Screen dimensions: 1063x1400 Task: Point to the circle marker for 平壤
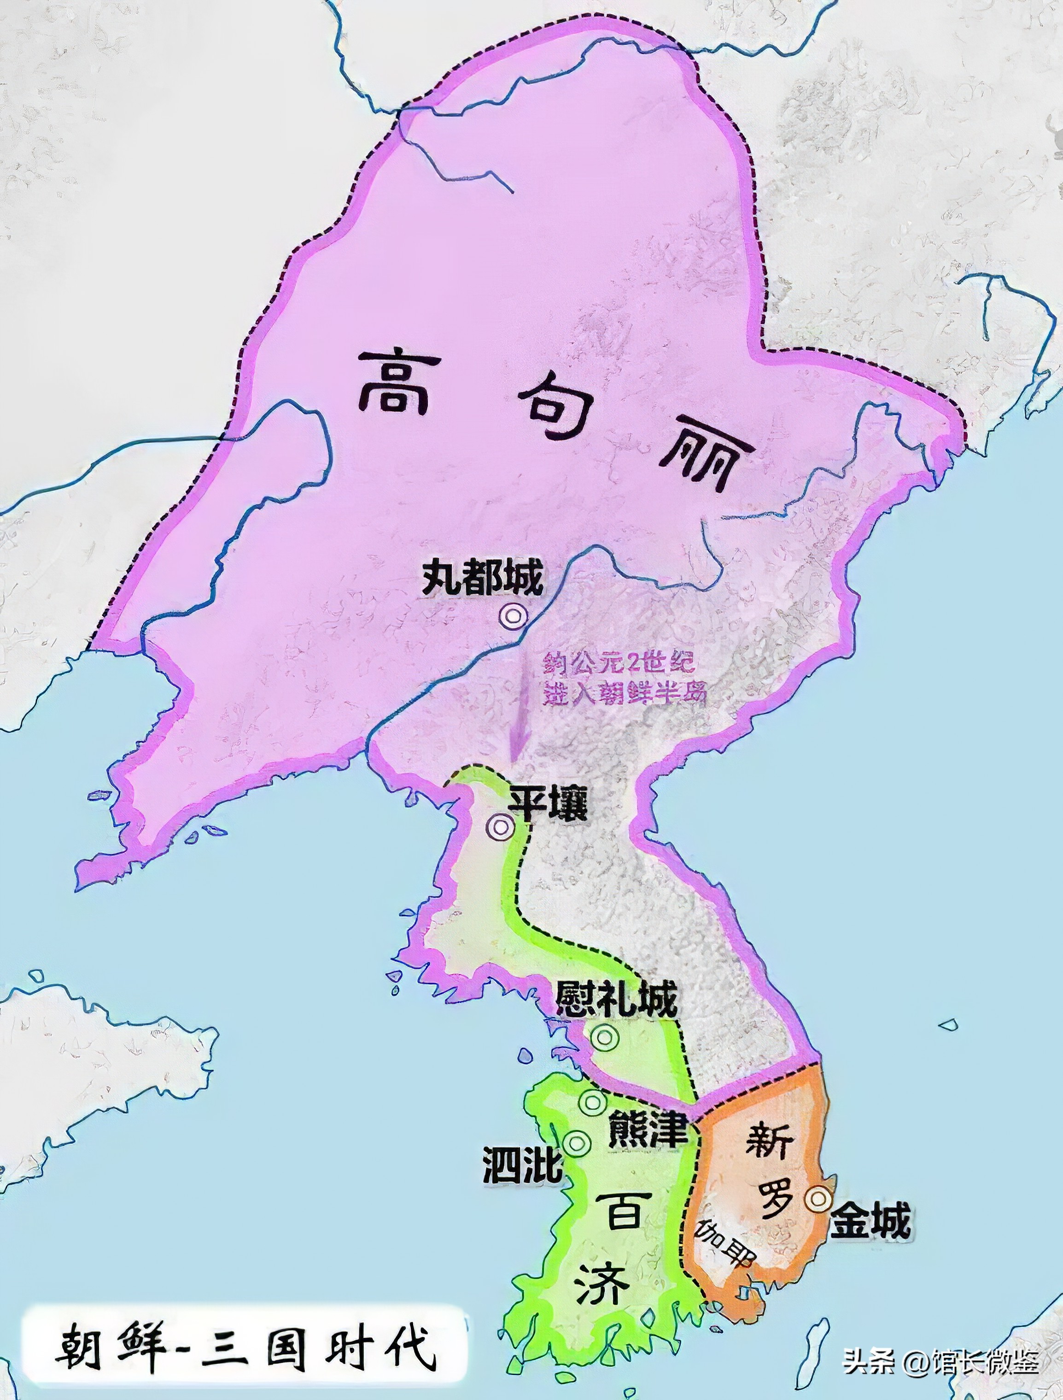[501, 826]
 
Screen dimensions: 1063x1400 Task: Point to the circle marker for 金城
[818, 1197]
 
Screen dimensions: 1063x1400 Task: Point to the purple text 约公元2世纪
[619, 663]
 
